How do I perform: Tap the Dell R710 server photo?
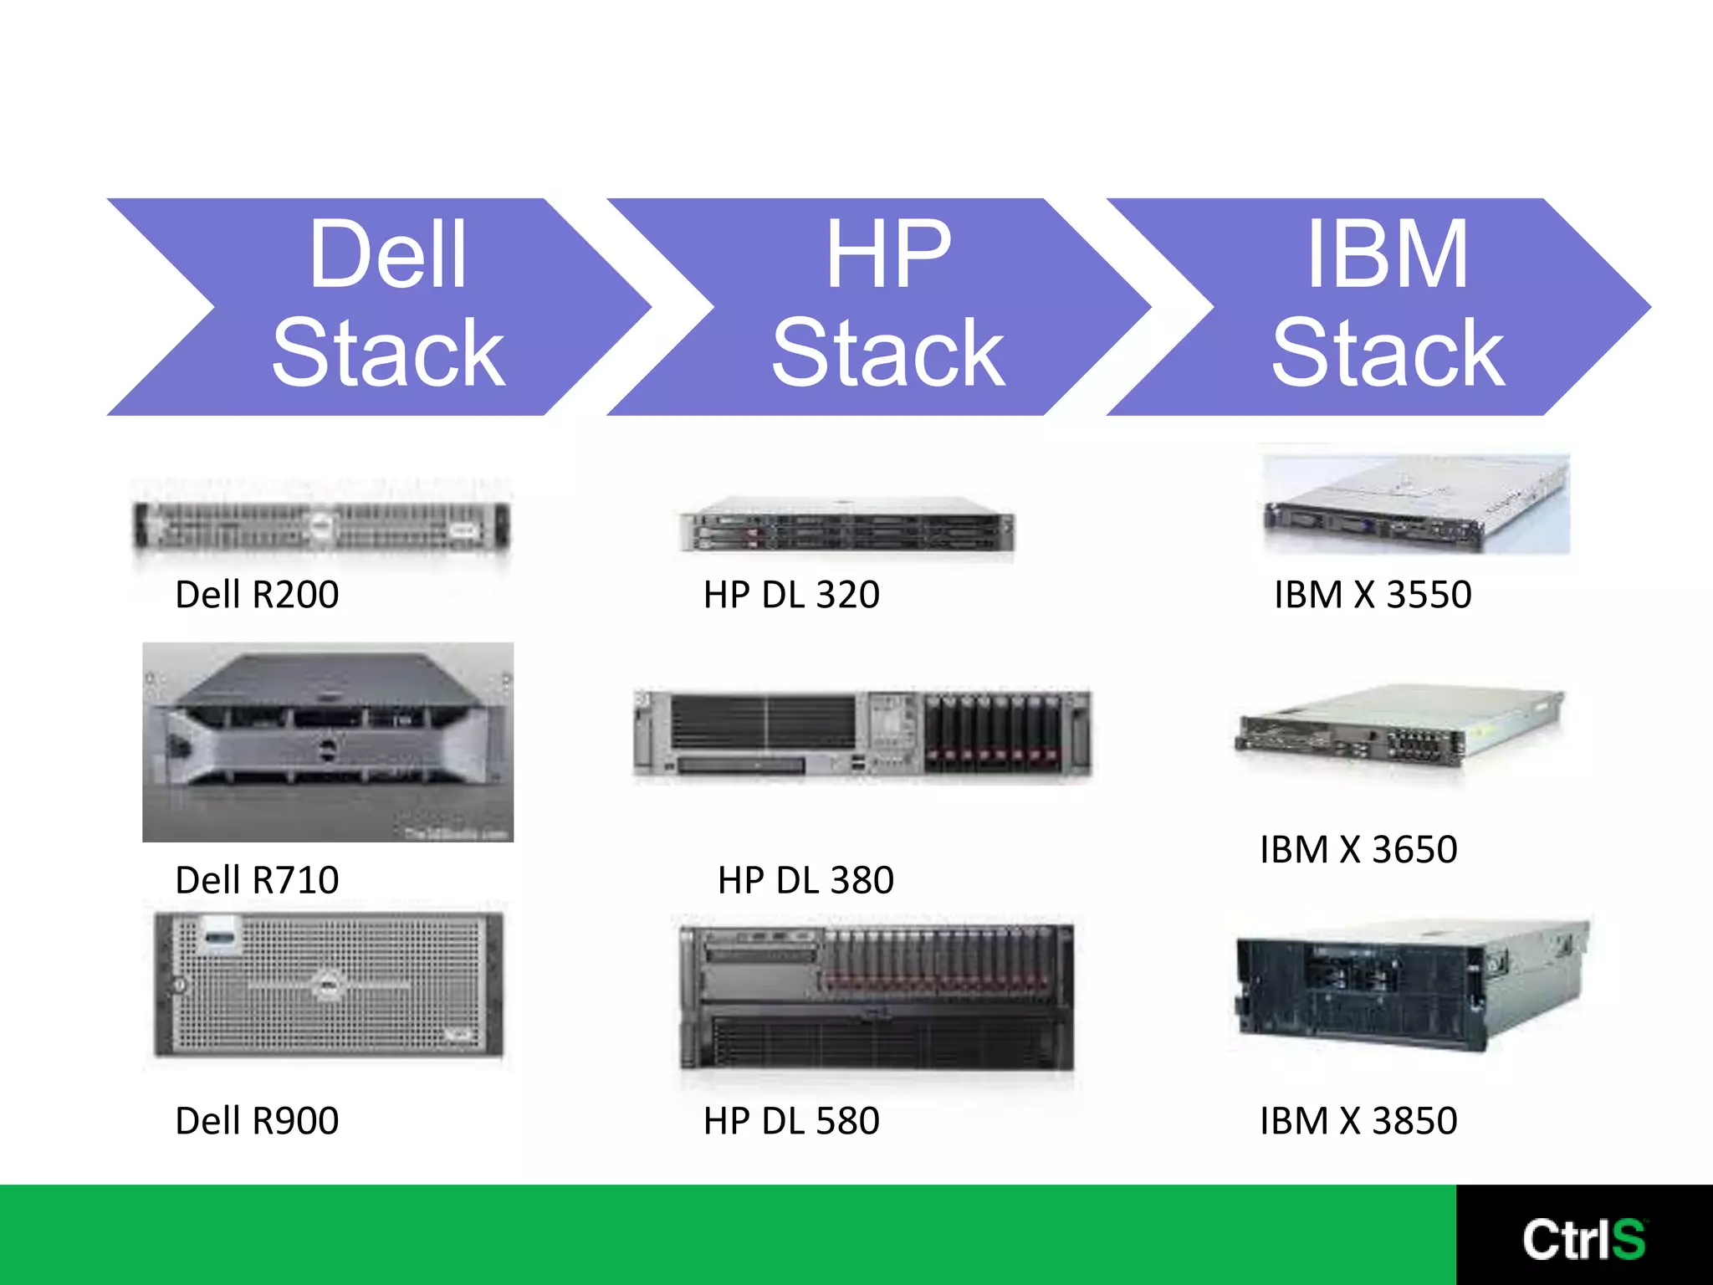click(x=328, y=742)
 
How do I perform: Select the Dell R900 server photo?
click(x=329, y=985)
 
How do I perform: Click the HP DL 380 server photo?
click(x=862, y=735)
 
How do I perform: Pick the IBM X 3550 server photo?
click(x=1416, y=504)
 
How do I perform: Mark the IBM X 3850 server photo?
click(x=1412, y=985)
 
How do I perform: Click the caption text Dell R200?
click(x=257, y=595)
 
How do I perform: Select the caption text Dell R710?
click(x=257, y=880)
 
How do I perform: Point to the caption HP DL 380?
click(x=805, y=880)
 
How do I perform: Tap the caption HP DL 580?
click(x=791, y=1121)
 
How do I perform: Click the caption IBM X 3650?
click(x=1358, y=850)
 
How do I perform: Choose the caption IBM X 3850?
click(x=1358, y=1121)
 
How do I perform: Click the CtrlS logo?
click(x=1583, y=1239)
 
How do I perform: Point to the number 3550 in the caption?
click(x=1429, y=595)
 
